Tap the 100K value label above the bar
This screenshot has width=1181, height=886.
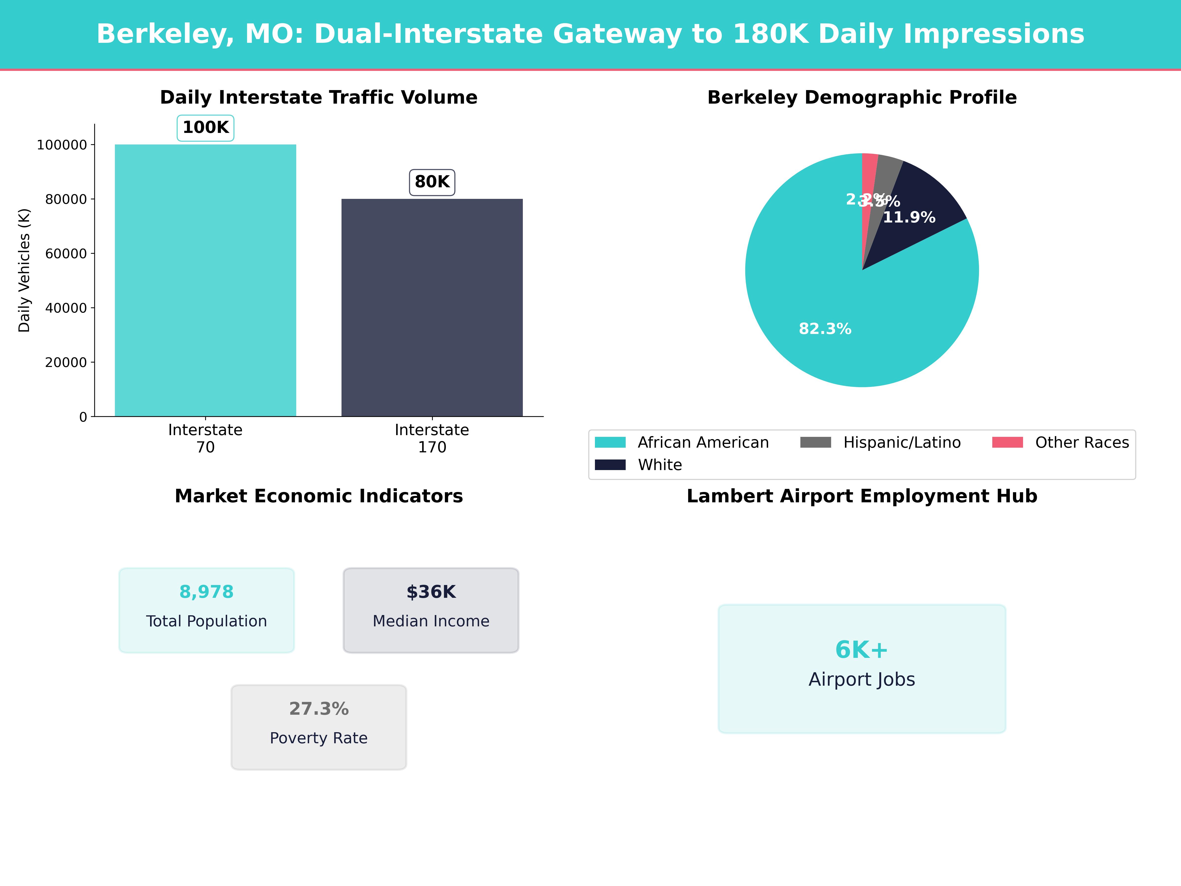205,128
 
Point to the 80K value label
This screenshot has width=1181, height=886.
432,182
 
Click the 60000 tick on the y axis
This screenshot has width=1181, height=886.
66,254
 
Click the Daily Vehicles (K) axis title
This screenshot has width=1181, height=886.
24,270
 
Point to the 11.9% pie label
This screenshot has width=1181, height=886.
909,217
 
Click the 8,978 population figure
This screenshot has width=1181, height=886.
207,592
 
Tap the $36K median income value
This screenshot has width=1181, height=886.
431,592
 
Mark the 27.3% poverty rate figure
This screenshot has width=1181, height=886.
319,709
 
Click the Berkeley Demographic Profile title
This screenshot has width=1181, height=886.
862,98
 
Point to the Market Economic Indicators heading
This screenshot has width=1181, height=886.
319,496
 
